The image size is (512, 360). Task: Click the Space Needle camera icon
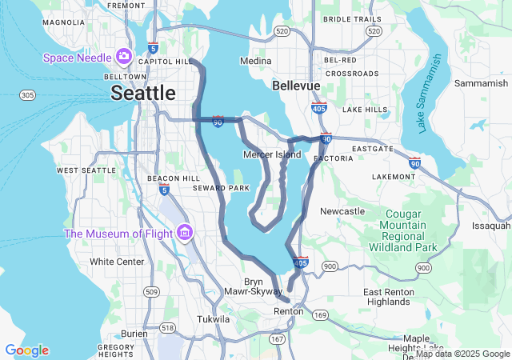coord(123,56)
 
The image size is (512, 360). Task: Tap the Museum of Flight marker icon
coord(185,233)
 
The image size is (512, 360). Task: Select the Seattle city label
coord(142,93)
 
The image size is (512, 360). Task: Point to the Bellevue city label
coord(296,85)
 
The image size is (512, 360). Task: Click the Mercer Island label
coord(272,154)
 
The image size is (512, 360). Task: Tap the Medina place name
coord(256,61)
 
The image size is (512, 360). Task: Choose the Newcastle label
coord(342,211)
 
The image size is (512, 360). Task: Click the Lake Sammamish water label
coord(429,85)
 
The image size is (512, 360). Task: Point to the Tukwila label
coord(214,319)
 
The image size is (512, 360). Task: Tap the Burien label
coord(134,334)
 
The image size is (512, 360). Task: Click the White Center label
coord(117,262)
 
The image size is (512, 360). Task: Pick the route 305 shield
coord(27,95)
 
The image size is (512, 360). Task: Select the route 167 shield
coord(278,340)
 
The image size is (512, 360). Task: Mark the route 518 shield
coord(167,328)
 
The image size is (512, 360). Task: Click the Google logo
coord(26,350)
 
